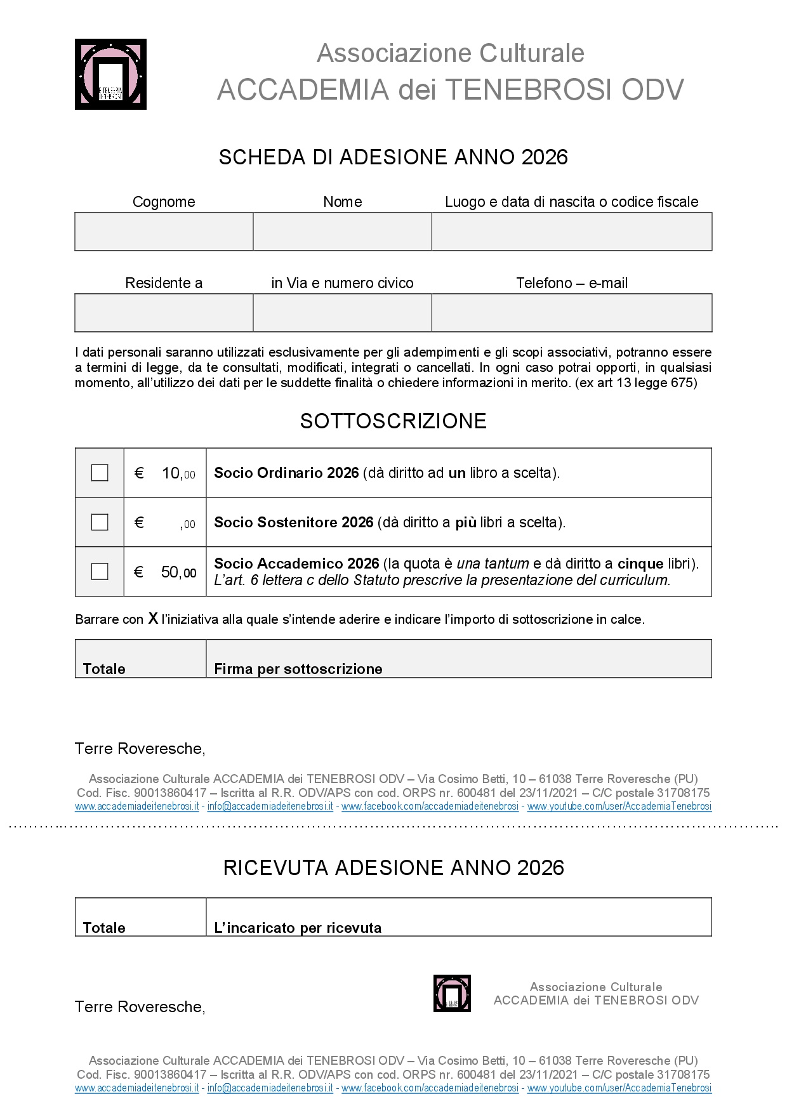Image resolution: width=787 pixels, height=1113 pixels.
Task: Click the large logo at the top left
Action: click(110, 74)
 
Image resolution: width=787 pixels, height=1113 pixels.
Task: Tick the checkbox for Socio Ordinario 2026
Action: click(100, 473)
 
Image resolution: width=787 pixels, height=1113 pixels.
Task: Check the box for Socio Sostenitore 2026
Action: click(100, 522)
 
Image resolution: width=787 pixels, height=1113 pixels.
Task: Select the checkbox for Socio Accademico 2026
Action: click(100, 571)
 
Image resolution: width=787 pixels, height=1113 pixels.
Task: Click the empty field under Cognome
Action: click(164, 232)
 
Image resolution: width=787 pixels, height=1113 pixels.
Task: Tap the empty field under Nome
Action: click(342, 232)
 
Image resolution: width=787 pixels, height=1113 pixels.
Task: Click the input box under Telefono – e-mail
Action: click(571, 313)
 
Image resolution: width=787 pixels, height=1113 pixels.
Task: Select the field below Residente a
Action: click(164, 313)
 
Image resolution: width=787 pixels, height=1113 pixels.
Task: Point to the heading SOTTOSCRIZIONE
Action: click(393, 421)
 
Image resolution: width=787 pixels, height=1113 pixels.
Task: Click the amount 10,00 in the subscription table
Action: click(178, 473)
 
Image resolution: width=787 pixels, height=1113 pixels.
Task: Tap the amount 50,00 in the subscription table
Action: click(178, 572)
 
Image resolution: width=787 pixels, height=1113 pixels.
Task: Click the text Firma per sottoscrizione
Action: click(298, 669)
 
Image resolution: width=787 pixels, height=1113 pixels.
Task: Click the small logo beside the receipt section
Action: click(452, 993)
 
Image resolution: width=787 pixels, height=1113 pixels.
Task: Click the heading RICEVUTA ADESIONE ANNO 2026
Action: click(393, 867)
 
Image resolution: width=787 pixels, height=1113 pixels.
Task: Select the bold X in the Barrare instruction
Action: click(153, 619)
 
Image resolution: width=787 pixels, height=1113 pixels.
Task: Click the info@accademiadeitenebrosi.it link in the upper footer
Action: click(270, 807)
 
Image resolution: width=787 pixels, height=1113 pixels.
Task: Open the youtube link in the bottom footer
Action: click(619, 1088)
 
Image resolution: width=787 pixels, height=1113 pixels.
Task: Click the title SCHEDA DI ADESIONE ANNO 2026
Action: click(393, 157)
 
